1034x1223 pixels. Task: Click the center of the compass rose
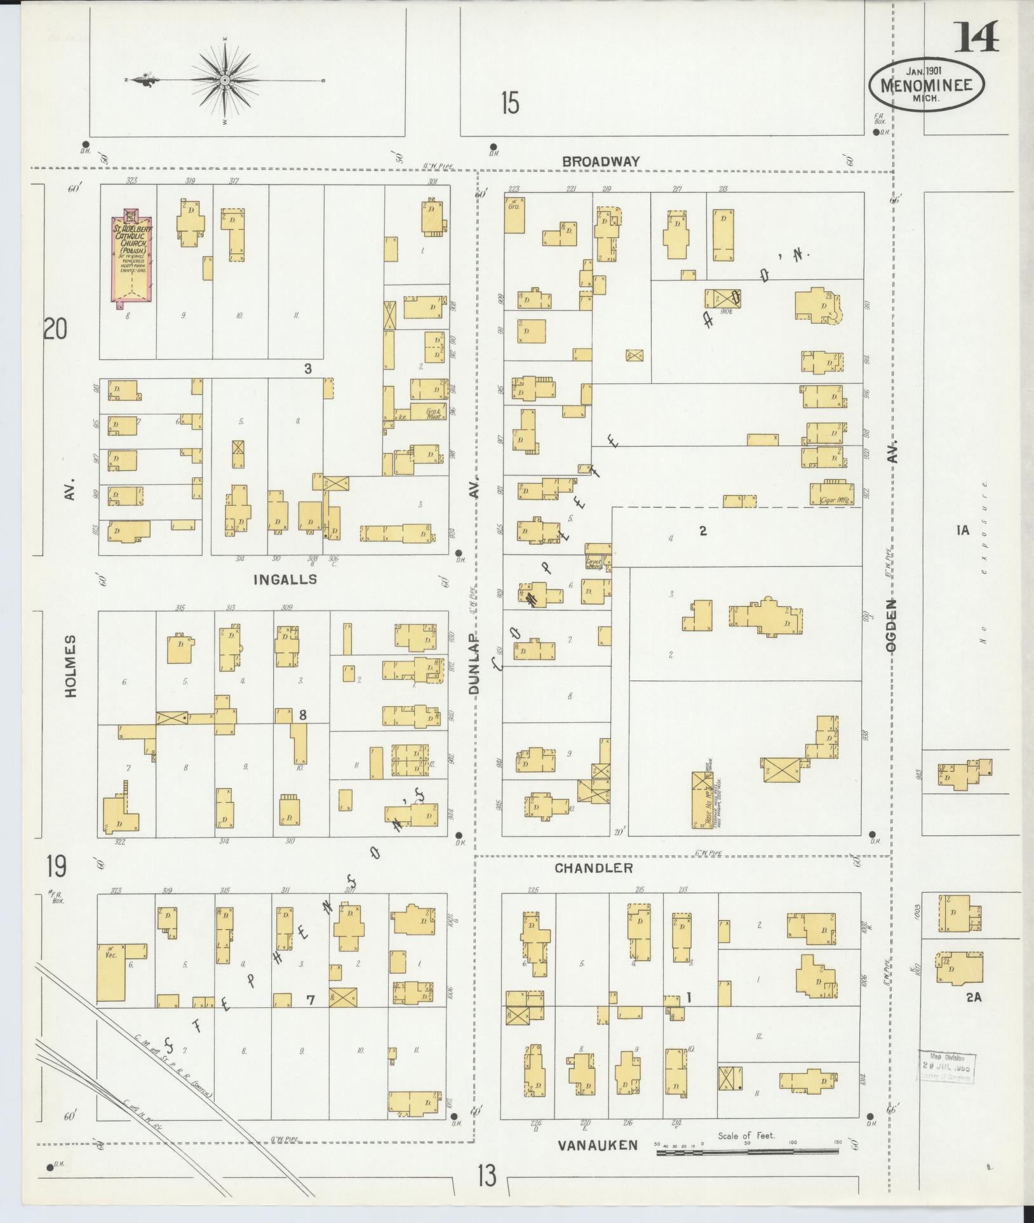point(225,80)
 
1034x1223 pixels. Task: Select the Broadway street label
point(601,162)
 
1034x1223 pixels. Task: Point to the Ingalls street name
point(285,579)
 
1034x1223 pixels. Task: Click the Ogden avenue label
point(892,625)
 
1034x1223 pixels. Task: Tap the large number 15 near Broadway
point(509,103)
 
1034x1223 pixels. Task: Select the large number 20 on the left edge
point(55,330)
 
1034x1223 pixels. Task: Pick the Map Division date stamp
point(946,1068)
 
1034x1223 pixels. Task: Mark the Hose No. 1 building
point(701,800)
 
